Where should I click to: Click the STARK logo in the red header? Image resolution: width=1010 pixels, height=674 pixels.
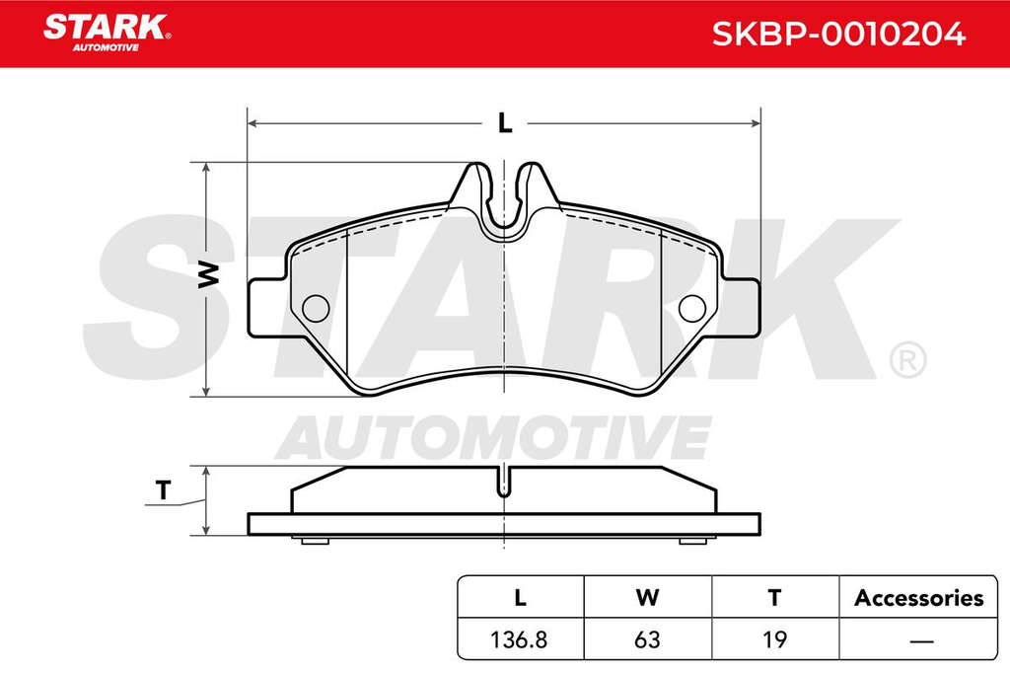pos(107,33)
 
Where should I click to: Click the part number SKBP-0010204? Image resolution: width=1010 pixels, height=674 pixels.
pos(838,34)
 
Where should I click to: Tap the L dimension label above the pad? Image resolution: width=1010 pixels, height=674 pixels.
pos(505,122)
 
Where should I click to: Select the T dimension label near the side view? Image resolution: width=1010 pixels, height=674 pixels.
pos(164,490)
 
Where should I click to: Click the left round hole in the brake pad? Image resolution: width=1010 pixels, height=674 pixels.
pos(316,309)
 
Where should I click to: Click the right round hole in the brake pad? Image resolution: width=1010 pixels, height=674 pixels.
pos(692,309)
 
